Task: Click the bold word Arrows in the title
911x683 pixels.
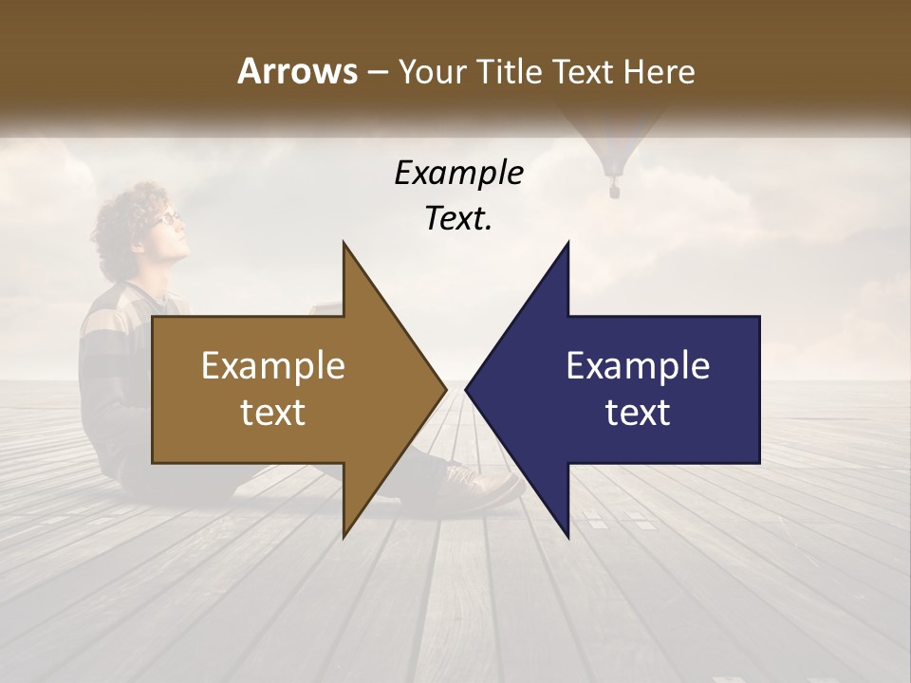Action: [297, 71]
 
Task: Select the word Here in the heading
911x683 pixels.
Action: [660, 71]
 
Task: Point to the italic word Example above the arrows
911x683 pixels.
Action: [458, 174]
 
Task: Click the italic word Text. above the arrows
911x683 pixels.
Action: [458, 219]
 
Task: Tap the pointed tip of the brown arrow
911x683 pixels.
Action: [443, 389]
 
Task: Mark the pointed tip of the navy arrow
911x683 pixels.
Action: [468, 389]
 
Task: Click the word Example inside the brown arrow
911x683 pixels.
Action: [273, 365]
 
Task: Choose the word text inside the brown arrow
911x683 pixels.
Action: [273, 413]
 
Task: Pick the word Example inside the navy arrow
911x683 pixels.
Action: [638, 365]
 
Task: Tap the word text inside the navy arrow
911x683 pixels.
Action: [638, 413]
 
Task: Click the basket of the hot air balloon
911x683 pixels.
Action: [614, 191]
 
